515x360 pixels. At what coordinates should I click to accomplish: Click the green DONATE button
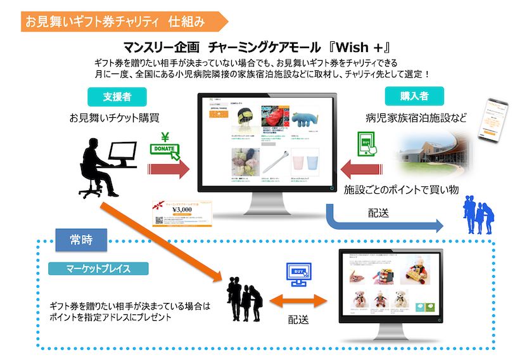click(163, 150)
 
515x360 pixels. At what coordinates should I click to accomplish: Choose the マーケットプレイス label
click(98, 268)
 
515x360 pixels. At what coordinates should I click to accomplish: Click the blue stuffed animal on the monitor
click(304, 121)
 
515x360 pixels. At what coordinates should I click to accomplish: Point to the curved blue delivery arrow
click(380, 219)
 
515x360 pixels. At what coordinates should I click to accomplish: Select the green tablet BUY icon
click(367, 145)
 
